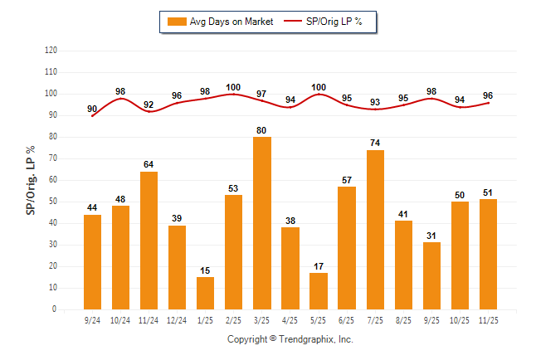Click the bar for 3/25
pos(262,223)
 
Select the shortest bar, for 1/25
pos(206,293)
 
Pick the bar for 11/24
pos(149,241)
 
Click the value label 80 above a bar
pos(262,129)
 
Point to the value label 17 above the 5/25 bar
pos(319,266)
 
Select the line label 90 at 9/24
pos(92,109)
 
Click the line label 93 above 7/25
pos(375,102)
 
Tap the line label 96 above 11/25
pos(488,95)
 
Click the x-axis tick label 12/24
pos(177,319)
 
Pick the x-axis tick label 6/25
pos(347,319)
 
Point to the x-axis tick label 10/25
pos(460,319)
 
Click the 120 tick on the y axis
pos(50,51)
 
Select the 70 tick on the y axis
pos(51,158)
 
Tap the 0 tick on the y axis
pos(54,309)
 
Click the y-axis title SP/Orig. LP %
pos(31,180)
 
